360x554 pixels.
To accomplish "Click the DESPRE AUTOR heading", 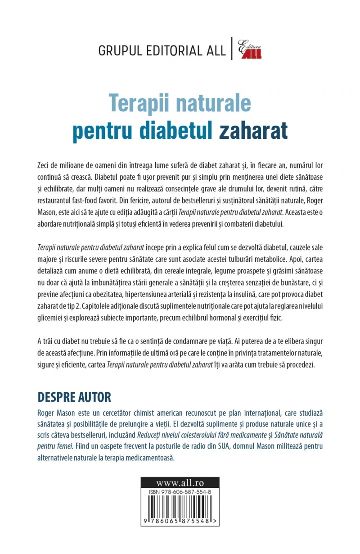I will [x=75, y=397].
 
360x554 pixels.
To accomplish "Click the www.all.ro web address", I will [x=180, y=481].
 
